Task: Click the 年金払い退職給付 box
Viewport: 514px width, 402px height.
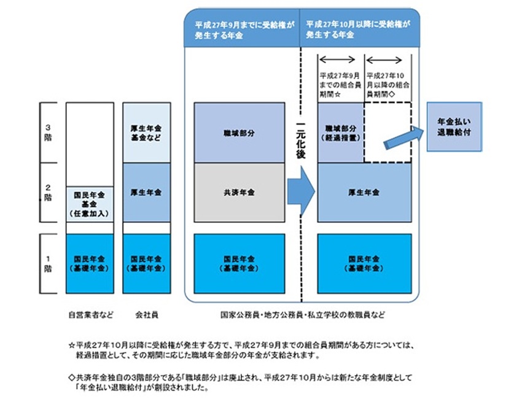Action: [454, 127]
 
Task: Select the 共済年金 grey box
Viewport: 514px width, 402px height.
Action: [239, 192]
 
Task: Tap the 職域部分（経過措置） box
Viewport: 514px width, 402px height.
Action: [340, 133]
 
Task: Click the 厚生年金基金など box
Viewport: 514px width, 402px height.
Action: [146, 133]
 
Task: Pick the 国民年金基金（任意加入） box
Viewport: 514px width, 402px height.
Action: [89, 204]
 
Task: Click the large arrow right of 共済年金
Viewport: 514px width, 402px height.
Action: [300, 192]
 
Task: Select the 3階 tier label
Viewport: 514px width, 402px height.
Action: [49, 132]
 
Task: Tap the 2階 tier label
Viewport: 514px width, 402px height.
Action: [49, 191]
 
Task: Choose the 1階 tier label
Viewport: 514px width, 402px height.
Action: [49, 262]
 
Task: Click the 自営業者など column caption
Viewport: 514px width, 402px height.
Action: [89, 315]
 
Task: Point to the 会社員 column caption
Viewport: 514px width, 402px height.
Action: [146, 315]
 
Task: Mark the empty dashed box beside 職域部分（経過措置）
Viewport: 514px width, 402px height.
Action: [387, 133]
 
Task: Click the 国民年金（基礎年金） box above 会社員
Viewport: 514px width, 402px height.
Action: [146, 263]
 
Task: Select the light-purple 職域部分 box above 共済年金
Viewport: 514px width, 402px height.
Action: [239, 133]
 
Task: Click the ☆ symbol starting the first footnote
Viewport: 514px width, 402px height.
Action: [71, 346]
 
